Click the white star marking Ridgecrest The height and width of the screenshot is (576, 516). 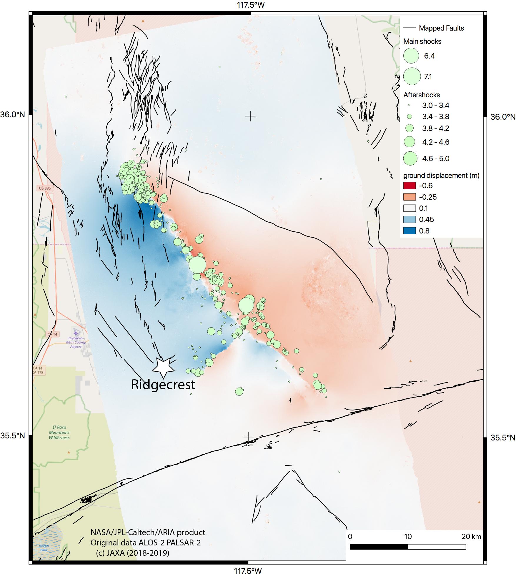tap(163, 368)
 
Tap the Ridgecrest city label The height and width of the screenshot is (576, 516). tap(163, 385)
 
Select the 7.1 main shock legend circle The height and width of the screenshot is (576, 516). tap(412, 76)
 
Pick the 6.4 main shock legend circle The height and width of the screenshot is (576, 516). tap(411, 56)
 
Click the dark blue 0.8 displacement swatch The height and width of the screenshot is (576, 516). tap(410, 231)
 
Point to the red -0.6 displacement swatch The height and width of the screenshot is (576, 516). tap(410, 186)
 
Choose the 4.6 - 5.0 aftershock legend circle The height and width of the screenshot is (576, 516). tap(410, 158)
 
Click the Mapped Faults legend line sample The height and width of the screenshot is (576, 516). tap(409, 28)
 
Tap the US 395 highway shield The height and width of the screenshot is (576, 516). tap(45, 188)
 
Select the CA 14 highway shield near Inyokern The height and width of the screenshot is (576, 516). tap(53, 334)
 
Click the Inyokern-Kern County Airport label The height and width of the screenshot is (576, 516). tap(76, 343)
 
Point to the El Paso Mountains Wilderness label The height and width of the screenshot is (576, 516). tap(59, 432)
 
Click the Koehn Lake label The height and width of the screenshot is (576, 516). tap(44, 548)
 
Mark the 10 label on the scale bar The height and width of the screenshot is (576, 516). tap(407, 537)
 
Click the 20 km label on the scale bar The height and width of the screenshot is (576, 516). tap(471, 537)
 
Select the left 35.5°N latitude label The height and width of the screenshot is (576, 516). tap(12, 435)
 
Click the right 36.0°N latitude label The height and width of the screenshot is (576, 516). tap(503, 117)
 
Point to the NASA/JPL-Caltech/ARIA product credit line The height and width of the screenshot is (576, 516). tap(148, 532)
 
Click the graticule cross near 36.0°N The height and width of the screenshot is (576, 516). tap(250, 116)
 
